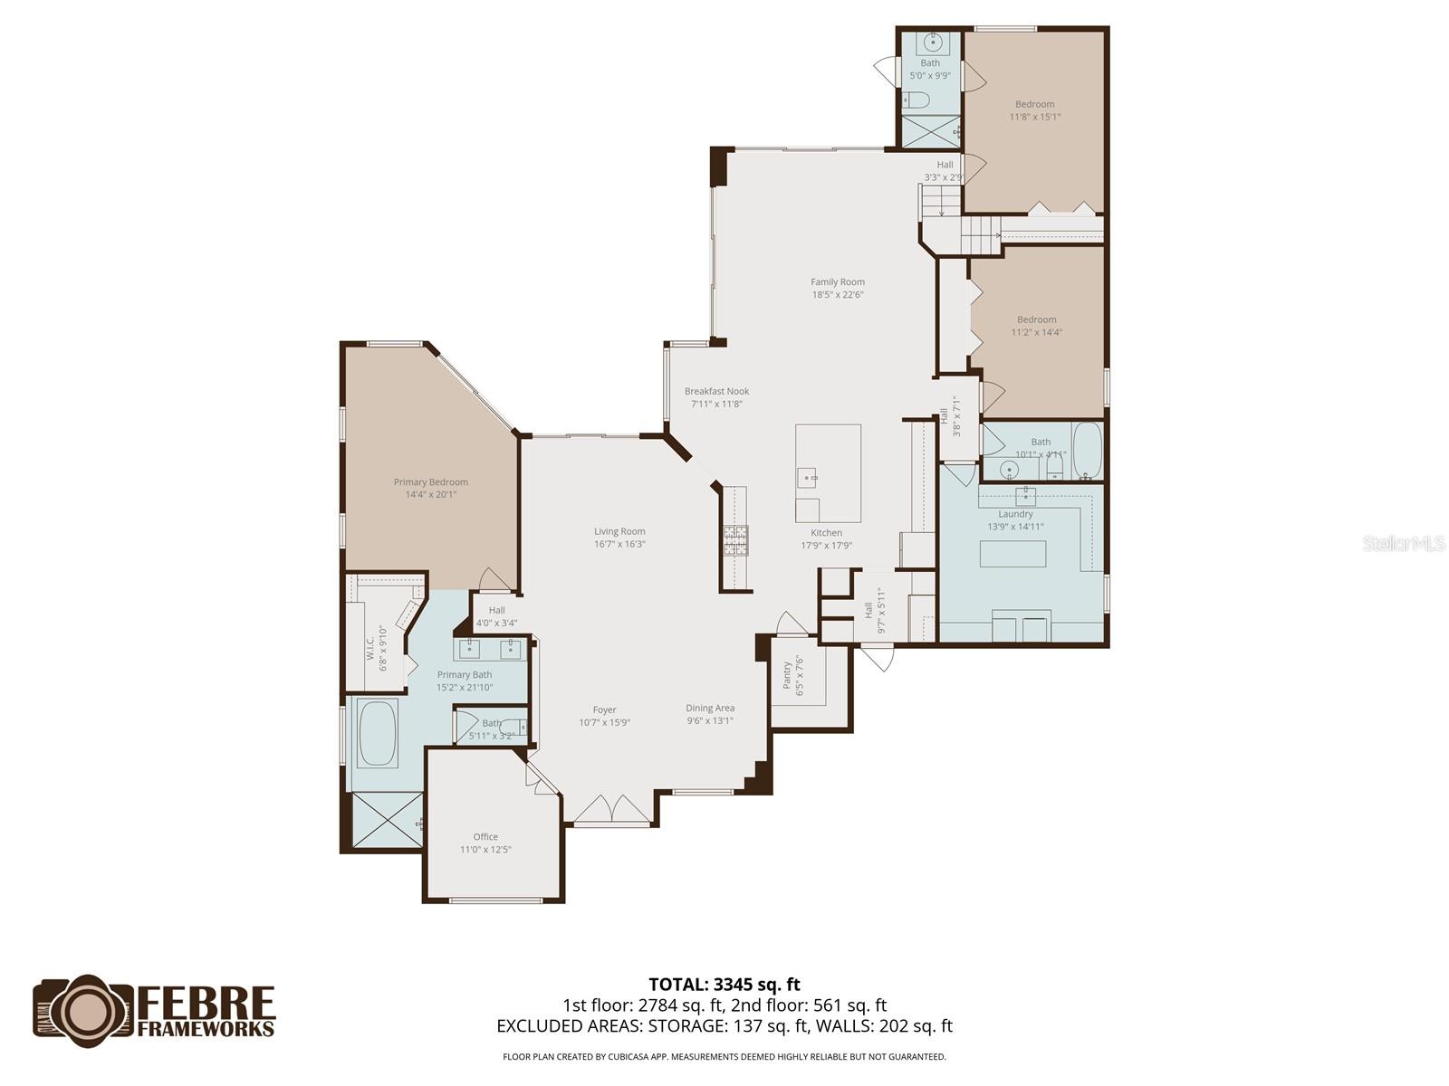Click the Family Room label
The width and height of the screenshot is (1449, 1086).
837,282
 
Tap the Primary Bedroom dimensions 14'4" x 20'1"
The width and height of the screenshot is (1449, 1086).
431,495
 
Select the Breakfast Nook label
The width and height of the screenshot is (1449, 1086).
716,392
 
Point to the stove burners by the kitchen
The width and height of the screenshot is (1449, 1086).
735,540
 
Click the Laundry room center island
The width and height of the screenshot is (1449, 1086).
1012,553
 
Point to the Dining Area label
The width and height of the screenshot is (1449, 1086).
710,709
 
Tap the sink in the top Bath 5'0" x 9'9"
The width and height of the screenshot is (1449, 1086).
932,42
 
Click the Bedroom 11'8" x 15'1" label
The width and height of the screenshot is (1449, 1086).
1034,104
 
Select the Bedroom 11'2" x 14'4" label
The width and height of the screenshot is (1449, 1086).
1036,319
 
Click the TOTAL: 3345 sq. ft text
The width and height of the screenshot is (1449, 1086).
724,985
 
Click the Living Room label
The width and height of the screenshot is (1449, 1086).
619,532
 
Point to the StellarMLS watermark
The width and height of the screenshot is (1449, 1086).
1404,543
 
